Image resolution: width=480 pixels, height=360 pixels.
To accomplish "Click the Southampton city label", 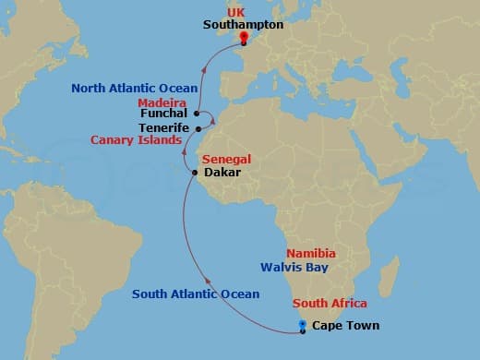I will click(243, 25).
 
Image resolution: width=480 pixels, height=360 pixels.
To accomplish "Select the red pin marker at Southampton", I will click(243, 39).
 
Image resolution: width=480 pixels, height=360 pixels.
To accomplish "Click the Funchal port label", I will click(166, 114).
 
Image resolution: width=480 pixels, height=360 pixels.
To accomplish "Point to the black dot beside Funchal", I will click(198, 114).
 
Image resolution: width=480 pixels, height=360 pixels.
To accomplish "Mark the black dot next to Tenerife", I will click(198, 128).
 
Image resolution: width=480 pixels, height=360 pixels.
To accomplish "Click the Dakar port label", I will click(222, 173).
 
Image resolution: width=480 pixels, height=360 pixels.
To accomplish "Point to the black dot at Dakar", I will click(195, 173).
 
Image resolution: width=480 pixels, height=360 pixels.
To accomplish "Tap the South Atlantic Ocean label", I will click(196, 294).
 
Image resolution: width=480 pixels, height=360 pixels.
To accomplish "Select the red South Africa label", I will click(330, 303).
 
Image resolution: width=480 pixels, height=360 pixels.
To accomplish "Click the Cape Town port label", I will click(345, 325).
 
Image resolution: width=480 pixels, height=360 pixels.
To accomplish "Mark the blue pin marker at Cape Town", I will click(303, 325).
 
